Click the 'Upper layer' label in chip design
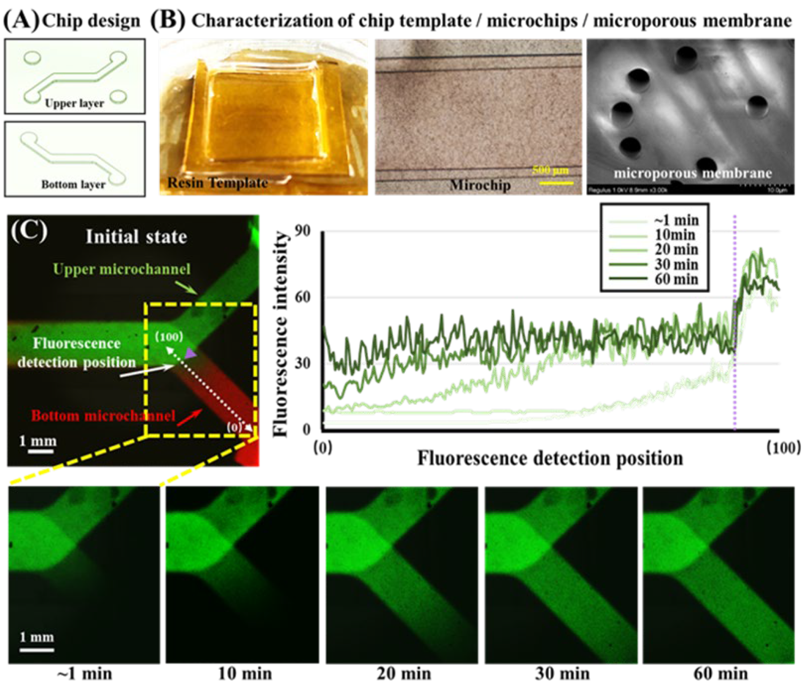[74, 103]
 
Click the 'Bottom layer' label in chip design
[73, 185]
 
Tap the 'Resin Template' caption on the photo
[217, 183]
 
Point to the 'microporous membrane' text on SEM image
[693, 173]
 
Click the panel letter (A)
[21, 20]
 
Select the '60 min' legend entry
[676, 279]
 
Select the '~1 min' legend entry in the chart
[676, 220]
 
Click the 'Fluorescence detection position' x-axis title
[550, 458]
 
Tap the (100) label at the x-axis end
[782, 448]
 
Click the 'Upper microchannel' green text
[122, 269]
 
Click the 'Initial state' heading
[136, 237]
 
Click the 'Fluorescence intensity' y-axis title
[282, 333]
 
